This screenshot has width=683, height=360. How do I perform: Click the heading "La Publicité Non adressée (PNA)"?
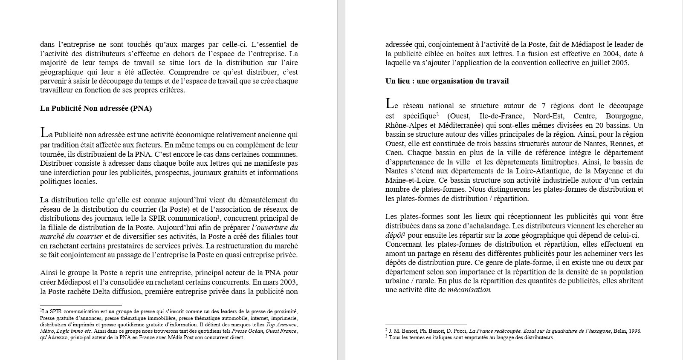(96, 108)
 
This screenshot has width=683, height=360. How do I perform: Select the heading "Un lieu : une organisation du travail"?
(447, 81)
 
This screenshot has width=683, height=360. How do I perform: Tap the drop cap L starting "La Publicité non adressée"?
(44, 133)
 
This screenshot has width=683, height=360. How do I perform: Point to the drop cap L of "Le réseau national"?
(390, 104)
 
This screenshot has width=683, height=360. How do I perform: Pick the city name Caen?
(394, 153)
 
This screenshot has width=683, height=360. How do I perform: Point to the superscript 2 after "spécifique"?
(437, 115)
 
